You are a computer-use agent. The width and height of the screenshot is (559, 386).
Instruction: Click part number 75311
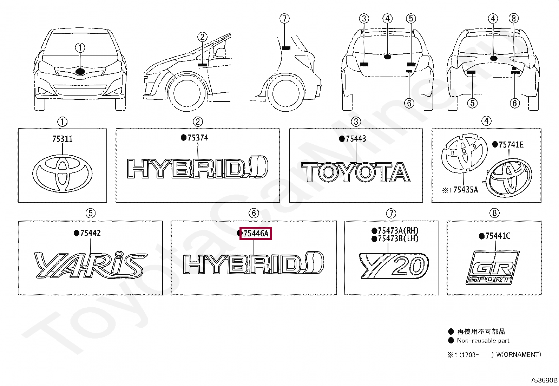pyautogui.click(x=63, y=139)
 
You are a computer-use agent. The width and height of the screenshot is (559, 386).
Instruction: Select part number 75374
pyautogui.click(x=198, y=138)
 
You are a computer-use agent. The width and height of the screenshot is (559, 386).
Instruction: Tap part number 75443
pyautogui.click(x=356, y=139)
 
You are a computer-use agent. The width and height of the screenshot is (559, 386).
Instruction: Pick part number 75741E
pyautogui.click(x=511, y=145)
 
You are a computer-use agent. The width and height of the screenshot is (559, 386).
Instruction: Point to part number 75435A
pyautogui.click(x=465, y=190)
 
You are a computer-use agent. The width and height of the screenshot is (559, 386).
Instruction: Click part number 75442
pyautogui.click(x=90, y=233)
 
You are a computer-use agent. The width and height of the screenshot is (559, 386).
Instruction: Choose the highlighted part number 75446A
pyautogui.click(x=256, y=234)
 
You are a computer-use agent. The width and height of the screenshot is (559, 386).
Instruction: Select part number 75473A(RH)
pyautogui.click(x=399, y=231)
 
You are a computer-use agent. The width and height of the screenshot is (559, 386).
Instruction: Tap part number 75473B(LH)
pyautogui.click(x=399, y=239)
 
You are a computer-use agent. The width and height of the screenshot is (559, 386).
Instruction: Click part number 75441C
pyautogui.click(x=498, y=236)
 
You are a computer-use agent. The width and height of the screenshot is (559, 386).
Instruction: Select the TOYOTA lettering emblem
pyautogui.click(x=356, y=172)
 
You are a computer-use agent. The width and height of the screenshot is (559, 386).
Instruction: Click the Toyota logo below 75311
pyautogui.click(x=63, y=174)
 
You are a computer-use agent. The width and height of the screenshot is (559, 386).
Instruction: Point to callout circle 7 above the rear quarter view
pyautogui.click(x=284, y=18)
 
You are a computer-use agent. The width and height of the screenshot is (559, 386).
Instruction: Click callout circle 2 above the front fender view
pyautogui.click(x=202, y=37)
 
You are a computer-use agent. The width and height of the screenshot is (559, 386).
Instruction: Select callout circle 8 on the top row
pyautogui.click(x=514, y=18)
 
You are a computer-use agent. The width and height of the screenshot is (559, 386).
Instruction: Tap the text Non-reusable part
pyautogui.click(x=483, y=340)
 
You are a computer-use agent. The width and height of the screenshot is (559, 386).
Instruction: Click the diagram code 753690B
pyautogui.click(x=544, y=380)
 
